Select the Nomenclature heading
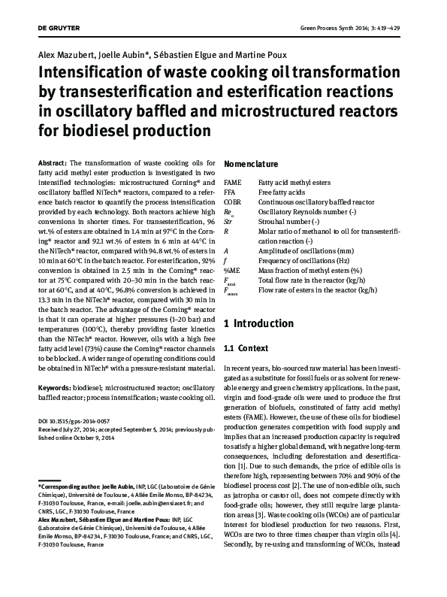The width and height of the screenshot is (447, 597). [252, 163]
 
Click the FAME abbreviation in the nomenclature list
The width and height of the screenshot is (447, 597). [233, 182]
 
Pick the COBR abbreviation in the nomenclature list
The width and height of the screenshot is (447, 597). [234, 202]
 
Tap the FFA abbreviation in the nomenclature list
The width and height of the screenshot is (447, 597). [231, 192]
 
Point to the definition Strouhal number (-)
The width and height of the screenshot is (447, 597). [288, 221]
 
